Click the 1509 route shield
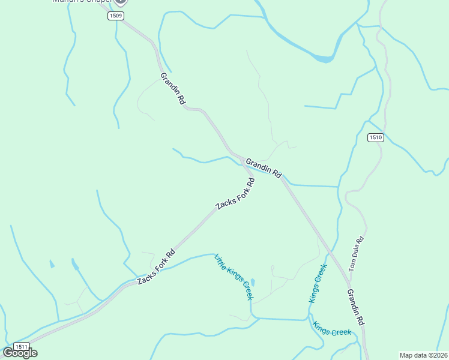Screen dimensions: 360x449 (x=116, y=16)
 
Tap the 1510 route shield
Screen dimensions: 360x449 (x=376, y=137)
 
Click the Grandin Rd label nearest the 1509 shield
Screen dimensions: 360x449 (x=172, y=89)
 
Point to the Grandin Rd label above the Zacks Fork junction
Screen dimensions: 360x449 (x=264, y=167)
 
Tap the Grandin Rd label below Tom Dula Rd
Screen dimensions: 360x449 (x=356, y=307)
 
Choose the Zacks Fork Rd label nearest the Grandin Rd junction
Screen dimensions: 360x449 (x=236, y=194)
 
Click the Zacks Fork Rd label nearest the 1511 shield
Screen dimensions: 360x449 (x=155, y=266)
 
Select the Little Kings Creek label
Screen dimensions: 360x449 (x=234, y=277)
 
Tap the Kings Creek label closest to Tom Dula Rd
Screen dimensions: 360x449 (x=318, y=283)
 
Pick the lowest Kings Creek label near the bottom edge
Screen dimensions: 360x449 (x=332, y=330)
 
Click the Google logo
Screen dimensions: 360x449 (x=20, y=353)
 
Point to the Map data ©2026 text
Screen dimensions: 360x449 (x=423, y=355)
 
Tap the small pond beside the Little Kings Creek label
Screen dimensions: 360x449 (x=253, y=282)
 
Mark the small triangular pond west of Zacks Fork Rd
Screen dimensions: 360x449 (x=52, y=264)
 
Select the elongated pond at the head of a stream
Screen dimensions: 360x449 (x=74, y=264)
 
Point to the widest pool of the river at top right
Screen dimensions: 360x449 (x=322, y=59)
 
